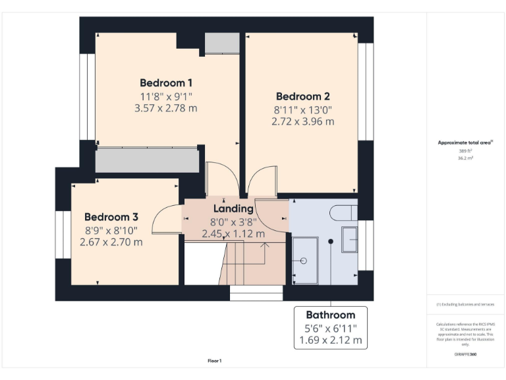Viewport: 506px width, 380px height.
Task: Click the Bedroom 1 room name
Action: tap(166, 83)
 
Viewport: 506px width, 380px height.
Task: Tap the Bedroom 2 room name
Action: tap(302, 96)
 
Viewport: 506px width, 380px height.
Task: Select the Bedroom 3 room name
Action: tap(111, 217)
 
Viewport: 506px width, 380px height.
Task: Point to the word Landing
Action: tap(233, 209)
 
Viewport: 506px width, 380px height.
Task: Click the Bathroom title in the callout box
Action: tap(330, 315)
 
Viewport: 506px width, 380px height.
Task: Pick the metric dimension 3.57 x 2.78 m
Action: tap(166, 108)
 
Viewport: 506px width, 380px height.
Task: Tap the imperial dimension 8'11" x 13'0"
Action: tap(302, 110)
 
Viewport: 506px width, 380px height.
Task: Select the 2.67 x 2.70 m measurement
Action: tap(111, 242)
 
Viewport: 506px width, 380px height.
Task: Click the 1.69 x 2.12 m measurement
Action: tap(330, 340)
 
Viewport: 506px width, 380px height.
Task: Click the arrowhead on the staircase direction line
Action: tap(266, 245)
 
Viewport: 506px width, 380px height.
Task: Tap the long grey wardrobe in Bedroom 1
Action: tap(147, 160)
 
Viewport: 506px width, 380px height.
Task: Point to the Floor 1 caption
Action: tap(215, 361)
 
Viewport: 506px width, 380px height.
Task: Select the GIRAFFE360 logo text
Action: tap(465, 355)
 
